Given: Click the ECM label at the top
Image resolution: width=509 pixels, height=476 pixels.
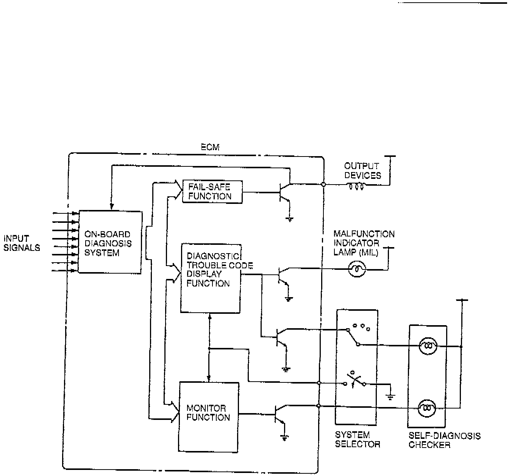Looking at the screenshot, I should click(x=210, y=147).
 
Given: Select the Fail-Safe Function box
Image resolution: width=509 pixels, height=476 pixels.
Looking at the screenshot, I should click(x=212, y=191).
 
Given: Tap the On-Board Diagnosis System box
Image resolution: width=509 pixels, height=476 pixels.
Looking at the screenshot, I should click(x=110, y=243).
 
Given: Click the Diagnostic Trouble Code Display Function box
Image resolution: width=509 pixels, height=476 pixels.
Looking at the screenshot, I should click(x=211, y=278).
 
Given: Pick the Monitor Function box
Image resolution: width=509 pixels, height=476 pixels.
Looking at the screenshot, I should click(x=209, y=417).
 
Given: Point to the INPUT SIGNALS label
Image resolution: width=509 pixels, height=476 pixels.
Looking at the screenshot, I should click(x=22, y=243).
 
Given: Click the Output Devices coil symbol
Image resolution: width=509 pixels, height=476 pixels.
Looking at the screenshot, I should click(x=356, y=186).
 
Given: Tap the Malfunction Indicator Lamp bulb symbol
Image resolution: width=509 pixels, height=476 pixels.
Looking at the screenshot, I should click(x=357, y=269).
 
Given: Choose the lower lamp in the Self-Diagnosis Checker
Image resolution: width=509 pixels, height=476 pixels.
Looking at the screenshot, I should click(x=427, y=408).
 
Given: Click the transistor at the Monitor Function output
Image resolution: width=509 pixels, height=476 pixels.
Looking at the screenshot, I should click(x=279, y=414).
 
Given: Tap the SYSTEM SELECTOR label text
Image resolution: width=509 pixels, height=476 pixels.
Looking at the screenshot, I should click(x=357, y=440).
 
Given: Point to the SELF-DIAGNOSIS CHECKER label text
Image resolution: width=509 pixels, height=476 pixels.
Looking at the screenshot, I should click(x=444, y=440).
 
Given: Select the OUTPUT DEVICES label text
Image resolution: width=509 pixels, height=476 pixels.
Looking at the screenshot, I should click(x=362, y=171).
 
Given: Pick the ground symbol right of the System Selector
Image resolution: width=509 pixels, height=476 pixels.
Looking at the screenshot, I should click(x=390, y=397).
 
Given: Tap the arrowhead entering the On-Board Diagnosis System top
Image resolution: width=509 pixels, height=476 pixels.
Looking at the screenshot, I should click(x=111, y=207).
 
